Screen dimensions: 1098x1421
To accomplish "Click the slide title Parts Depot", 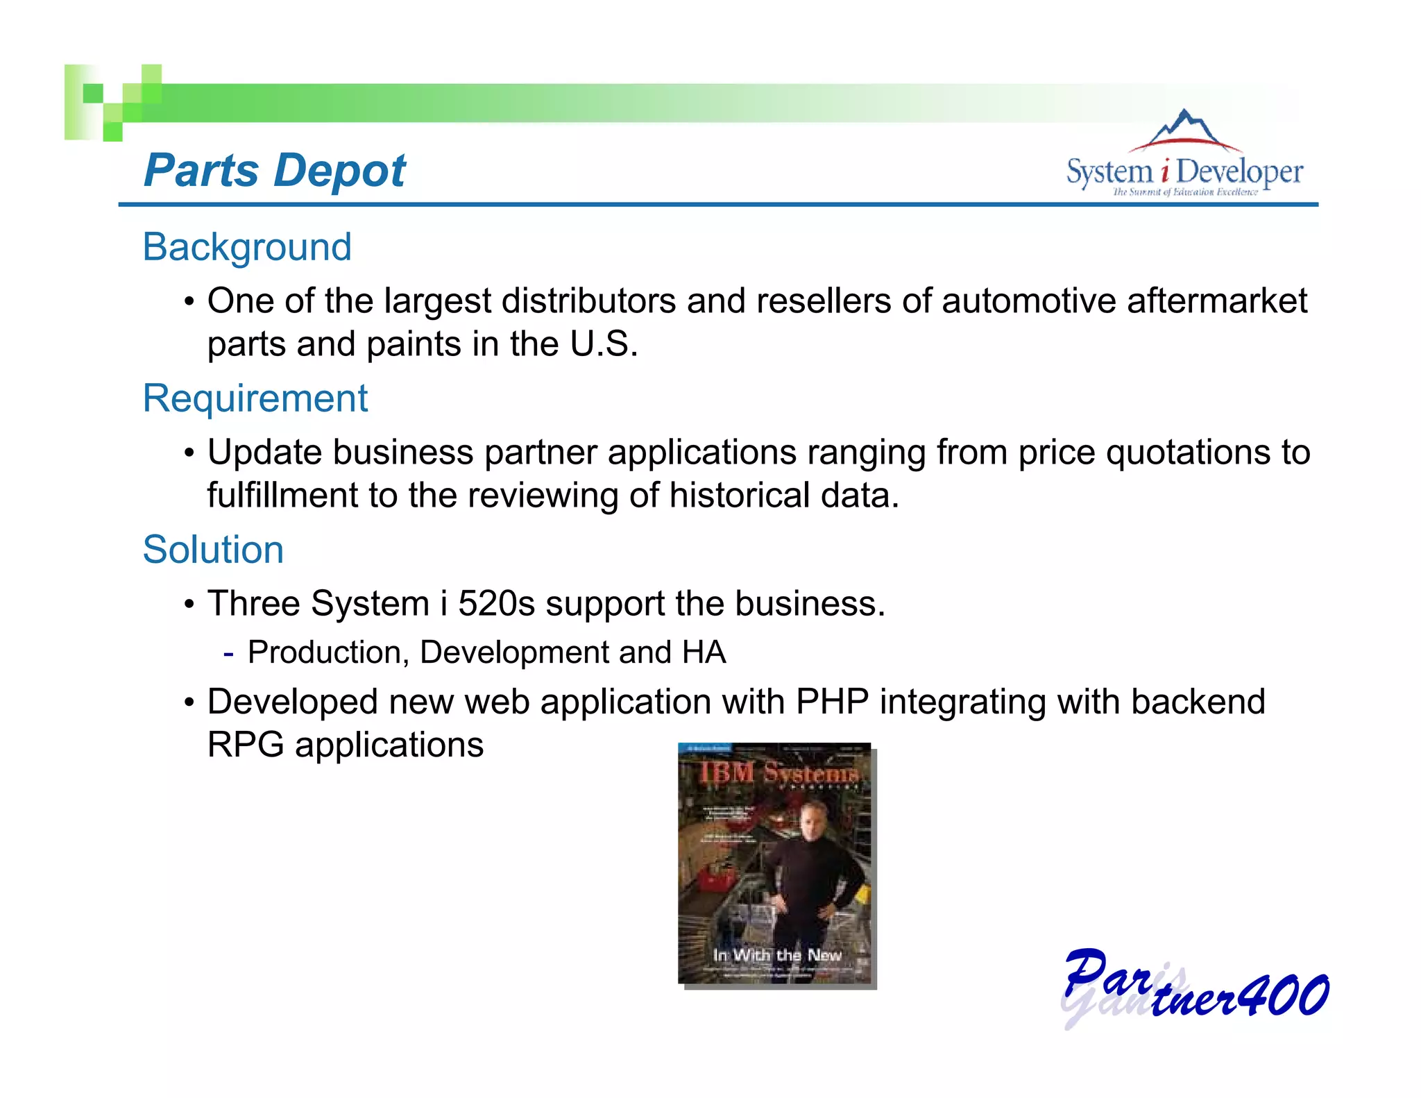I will pyautogui.click(x=274, y=171).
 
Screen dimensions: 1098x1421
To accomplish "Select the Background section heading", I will pyautogui.click(x=247, y=247).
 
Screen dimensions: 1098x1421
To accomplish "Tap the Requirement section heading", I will pyautogui.click(x=255, y=398).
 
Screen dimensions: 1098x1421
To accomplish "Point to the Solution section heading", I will pyautogui.click(x=213, y=550).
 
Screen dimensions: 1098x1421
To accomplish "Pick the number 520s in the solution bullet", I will pyautogui.click(x=496, y=603).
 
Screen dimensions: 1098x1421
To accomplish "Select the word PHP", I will pyautogui.click(x=832, y=702).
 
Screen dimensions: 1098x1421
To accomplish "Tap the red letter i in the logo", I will pyautogui.click(x=1164, y=171).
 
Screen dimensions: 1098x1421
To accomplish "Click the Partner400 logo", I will pyautogui.click(x=1195, y=988).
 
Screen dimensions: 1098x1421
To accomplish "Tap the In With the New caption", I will pyautogui.click(x=777, y=956).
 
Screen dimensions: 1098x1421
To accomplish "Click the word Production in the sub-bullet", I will pyautogui.click(x=323, y=652).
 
